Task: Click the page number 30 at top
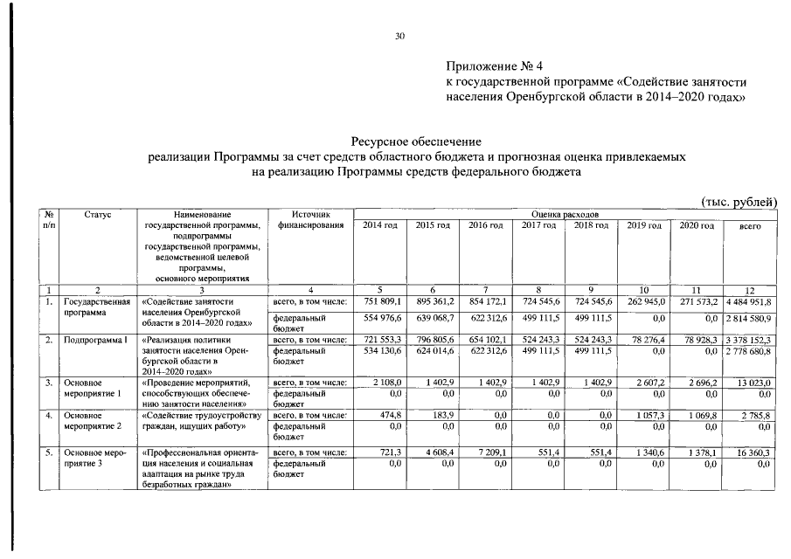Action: [x=399, y=36]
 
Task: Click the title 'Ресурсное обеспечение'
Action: [x=416, y=140]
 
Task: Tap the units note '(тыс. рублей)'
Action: [x=739, y=202]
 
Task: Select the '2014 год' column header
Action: [x=379, y=226]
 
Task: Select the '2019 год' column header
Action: [x=644, y=226]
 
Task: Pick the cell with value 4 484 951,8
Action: [x=748, y=301]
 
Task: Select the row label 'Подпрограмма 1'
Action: [x=95, y=339]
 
